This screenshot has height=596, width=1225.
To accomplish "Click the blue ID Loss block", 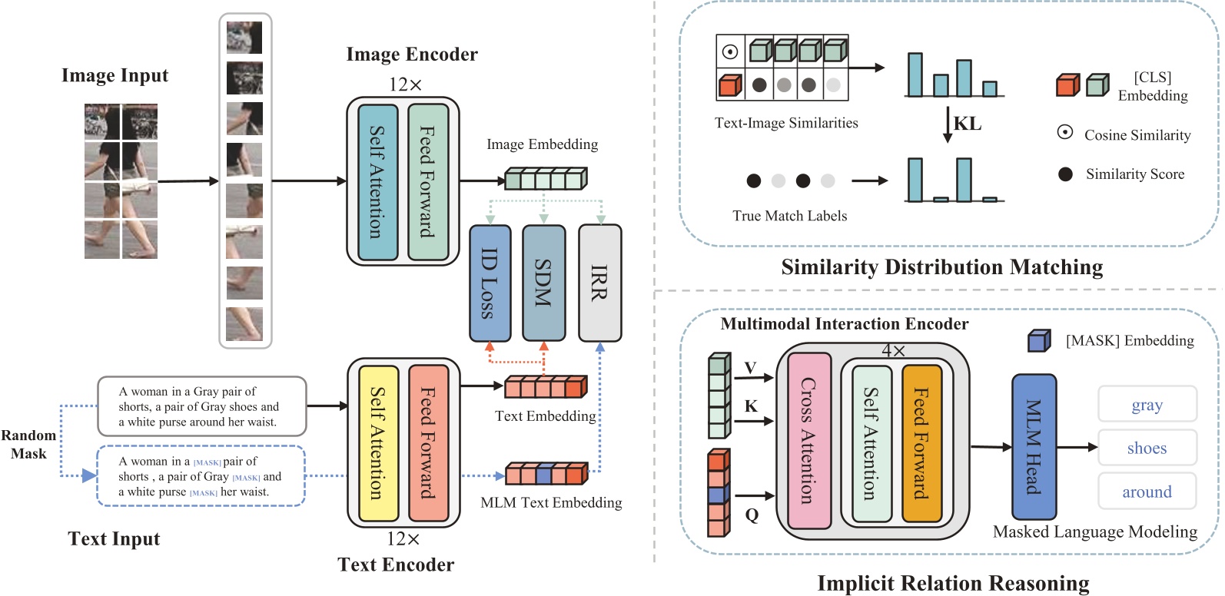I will point(490,283).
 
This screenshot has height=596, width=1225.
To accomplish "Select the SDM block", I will point(543,283).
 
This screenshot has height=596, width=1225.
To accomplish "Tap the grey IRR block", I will point(599,283).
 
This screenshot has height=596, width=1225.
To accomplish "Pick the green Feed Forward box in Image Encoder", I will point(428,182).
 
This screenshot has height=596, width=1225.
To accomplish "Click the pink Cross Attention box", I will point(809,440).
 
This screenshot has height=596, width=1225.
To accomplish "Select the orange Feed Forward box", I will point(921,443).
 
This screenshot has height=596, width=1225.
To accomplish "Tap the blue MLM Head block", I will point(1034,446).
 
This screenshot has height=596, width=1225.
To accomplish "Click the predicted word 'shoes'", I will point(1147,448).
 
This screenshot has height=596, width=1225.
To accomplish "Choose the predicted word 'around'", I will point(1147,492).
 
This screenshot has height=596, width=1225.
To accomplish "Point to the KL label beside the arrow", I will point(968,124).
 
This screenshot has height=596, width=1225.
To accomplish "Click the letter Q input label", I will point(752,515).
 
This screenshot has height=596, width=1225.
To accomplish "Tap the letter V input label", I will point(751,367).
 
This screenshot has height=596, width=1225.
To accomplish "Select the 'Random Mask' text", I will point(28,444).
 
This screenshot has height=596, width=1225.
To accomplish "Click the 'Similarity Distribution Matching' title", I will point(941,267).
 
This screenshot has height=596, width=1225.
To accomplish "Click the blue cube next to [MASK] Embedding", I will point(1039,340).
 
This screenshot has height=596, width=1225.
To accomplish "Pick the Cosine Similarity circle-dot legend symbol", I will point(1065,132).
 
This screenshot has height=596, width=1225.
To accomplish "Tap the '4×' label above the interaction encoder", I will point(893,350).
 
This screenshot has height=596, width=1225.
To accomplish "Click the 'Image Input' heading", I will point(115,75).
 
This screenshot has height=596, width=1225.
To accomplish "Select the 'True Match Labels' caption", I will point(789,216).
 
